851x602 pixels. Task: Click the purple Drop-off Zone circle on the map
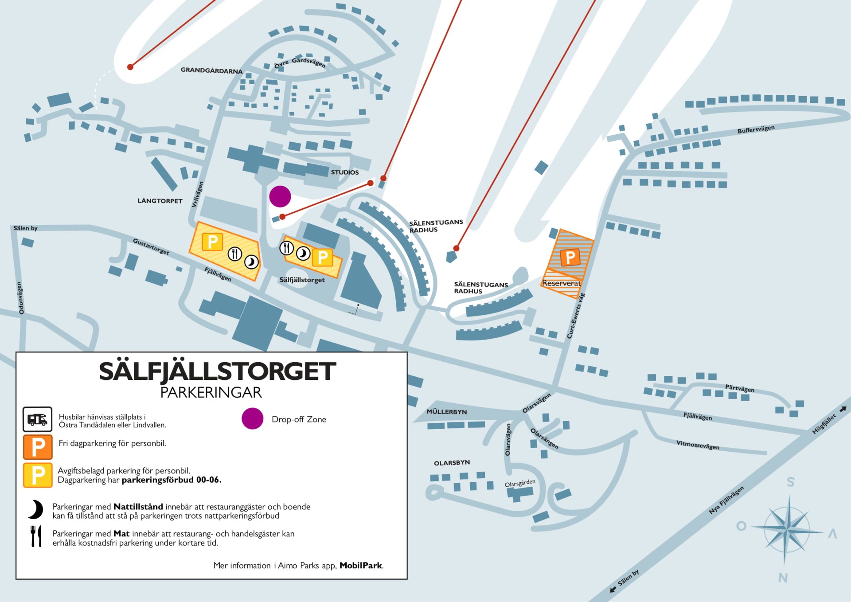click(x=280, y=196)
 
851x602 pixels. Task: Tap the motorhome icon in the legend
click(x=38, y=419)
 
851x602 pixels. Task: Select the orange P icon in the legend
click(x=38, y=447)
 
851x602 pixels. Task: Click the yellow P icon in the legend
click(x=38, y=475)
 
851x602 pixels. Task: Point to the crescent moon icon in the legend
click(x=36, y=510)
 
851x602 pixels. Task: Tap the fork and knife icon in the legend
click(x=36, y=536)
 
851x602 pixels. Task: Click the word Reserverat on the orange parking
click(x=561, y=283)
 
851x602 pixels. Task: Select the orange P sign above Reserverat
click(x=570, y=257)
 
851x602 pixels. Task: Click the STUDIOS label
click(x=345, y=172)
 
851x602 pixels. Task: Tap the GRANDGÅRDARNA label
click(x=211, y=70)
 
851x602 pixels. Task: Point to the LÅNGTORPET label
click(x=160, y=201)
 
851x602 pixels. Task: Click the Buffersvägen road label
click(x=756, y=129)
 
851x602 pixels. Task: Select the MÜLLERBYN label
click(x=447, y=412)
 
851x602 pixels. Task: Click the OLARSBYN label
click(x=452, y=463)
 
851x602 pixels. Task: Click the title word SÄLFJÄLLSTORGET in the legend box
click(x=217, y=371)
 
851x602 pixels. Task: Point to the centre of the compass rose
click(x=786, y=528)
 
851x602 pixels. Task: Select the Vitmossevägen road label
click(x=698, y=445)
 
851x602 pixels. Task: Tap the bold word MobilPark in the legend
click(x=361, y=566)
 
